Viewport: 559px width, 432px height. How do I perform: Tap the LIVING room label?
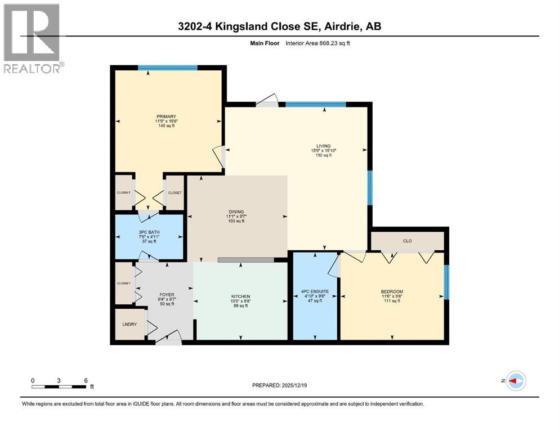pos(323,146)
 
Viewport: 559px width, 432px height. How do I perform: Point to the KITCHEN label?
pos(240,296)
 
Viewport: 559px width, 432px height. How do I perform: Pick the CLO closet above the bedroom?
pos(407,241)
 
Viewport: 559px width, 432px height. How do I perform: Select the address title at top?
pos(279,26)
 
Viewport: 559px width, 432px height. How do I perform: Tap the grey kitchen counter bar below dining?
pos(246,260)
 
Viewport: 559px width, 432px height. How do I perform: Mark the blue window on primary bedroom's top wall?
pos(168,68)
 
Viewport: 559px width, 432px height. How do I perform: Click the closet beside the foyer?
pos(123,283)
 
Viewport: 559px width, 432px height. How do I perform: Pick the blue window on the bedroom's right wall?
pos(446,281)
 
